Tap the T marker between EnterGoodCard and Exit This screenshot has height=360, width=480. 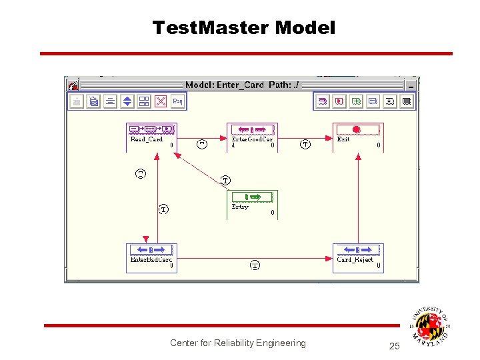coord(305,144)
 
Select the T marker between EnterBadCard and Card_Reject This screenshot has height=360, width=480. coord(255,265)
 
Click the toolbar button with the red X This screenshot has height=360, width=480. coord(161,101)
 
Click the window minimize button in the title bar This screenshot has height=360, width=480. coord(411,85)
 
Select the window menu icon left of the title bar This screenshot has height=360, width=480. coord(74,85)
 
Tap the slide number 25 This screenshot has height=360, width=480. coord(394,346)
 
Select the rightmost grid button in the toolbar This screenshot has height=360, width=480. coord(407,101)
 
